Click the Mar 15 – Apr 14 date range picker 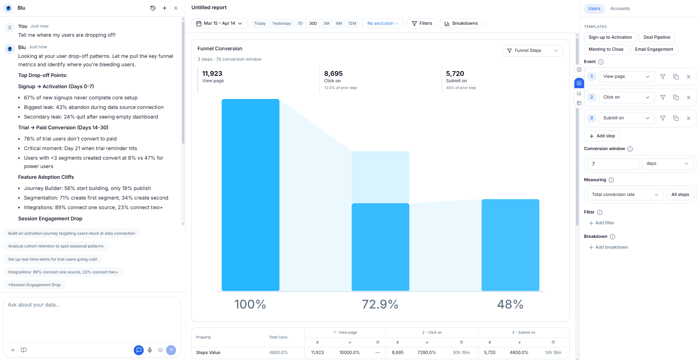click(219, 24)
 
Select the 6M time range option click(339, 24)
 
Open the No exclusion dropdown click(383, 24)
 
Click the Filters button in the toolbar click(422, 24)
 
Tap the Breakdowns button click(461, 24)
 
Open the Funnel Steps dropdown click(532, 51)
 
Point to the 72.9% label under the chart click(380, 305)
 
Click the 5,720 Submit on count click(455, 74)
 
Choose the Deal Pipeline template click(657, 38)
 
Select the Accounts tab click(620, 9)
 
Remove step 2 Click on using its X click(689, 97)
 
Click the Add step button click(602, 136)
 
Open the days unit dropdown click(667, 164)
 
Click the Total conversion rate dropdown click(625, 195)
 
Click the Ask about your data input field click(92, 319)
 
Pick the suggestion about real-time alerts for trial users click(52, 259)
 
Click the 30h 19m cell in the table click(461, 353)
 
